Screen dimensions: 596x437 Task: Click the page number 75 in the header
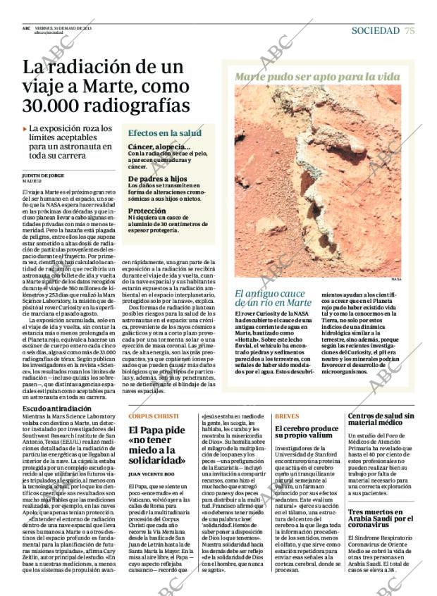(410, 30)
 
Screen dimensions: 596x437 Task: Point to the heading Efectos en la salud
(164, 133)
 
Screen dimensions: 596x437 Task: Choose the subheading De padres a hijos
(156, 179)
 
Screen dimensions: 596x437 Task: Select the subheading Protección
(147, 211)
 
